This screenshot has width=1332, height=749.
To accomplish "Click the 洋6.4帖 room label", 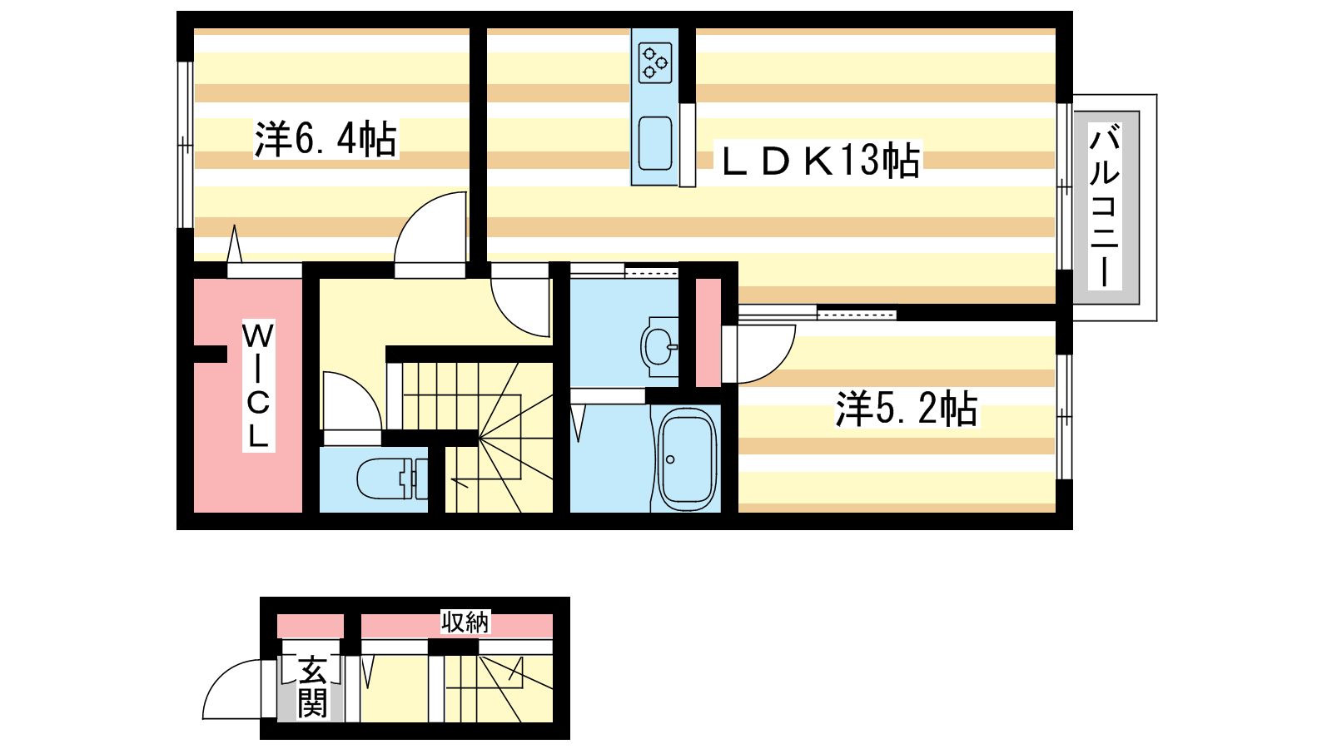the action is point(326,139).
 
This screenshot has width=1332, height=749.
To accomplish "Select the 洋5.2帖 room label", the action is point(907,409).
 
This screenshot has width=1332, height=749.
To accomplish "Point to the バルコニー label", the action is point(1105,206).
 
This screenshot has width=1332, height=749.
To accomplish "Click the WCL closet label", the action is point(258,386).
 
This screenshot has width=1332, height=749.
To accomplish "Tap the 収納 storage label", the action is point(465,622).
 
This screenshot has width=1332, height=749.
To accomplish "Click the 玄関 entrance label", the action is point(312,687).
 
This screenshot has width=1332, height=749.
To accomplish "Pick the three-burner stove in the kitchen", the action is point(654,62).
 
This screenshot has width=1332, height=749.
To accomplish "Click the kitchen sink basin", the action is point(654,143).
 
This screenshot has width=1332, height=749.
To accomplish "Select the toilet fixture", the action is point(391,479).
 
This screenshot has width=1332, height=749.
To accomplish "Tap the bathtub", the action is point(687,459).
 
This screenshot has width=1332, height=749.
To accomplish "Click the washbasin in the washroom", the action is point(659,346).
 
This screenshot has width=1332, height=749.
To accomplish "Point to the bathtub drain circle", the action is point(670,459).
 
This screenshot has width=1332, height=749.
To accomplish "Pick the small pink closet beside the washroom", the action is point(708,333).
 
